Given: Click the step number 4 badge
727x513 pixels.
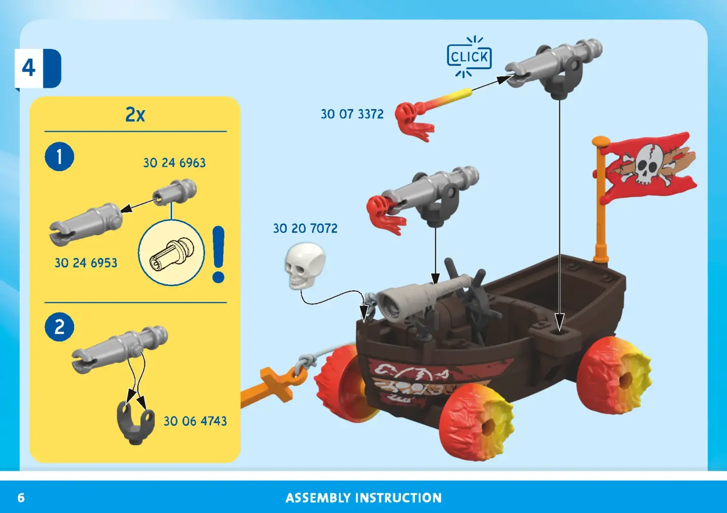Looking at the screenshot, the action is (x=38, y=68).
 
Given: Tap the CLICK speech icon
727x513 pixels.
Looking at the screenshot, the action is (x=469, y=57).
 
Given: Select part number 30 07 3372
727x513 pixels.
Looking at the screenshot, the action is (x=352, y=114).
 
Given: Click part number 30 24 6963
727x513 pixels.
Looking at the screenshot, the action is (x=174, y=163).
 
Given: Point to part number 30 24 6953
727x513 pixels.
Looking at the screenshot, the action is (x=86, y=263).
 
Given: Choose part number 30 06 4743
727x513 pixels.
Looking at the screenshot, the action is (x=195, y=421).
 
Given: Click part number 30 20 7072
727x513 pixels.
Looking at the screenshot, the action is (x=305, y=228).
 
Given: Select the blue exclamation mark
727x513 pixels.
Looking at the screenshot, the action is (x=219, y=254).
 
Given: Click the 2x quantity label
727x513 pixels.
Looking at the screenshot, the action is (x=135, y=114).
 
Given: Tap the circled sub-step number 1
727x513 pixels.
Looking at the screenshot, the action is (x=60, y=157).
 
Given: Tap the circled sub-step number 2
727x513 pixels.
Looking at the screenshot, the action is (x=60, y=327).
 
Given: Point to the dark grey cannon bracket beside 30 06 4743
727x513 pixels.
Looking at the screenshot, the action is (x=136, y=423).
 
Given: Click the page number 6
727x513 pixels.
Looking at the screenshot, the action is (x=21, y=498).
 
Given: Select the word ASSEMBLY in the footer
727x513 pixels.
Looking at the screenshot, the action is (x=318, y=498).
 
